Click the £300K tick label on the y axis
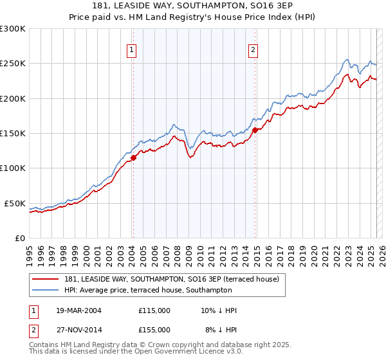pyautogui.click(x=12, y=29)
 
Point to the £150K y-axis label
pyautogui.click(x=12, y=133)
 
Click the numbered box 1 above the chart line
pyautogui.click(x=132, y=50)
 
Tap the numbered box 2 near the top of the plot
pyautogui.click(x=253, y=50)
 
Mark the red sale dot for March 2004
pyautogui.click(x=133, y=157)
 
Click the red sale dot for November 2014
pyautogui.click(x=255, y=130)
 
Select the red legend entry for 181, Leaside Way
pyautogui.click(x=171, y=279)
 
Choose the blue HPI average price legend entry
pyautogui.click(x=148, y=291)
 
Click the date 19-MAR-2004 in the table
pyautogui.click(x=78, y=310)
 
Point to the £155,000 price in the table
pyautogui.click(x=154, y=329)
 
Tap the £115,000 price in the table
pyautogui.click(x=154, y=310)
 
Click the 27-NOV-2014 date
pyautogui.click(x=78, y=329)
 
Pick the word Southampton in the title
pyautogui.click(x=225, y=6)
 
